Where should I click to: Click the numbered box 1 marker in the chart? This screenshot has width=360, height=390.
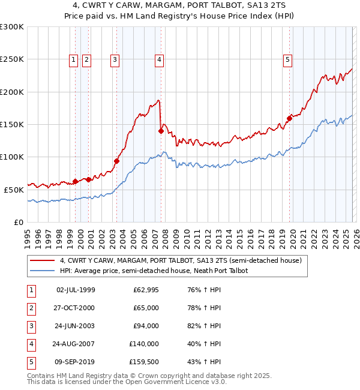[x=73, y=59]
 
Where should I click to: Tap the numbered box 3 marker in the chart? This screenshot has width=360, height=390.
[x=114, y=59]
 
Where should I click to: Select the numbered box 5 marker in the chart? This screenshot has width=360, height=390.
[x=288, y=59]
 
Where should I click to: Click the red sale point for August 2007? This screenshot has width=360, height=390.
[x=161, y=131]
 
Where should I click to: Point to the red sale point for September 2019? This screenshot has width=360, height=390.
[x=289, y=118]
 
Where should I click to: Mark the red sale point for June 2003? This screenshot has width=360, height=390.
[x=116, y=161]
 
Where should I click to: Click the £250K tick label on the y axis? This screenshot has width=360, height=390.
[x=11, y=59]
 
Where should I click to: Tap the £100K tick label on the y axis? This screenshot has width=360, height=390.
[x=11, y=157]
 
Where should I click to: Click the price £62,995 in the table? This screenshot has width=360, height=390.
[x=146, y=290]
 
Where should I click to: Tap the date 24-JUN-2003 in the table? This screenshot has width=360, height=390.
[x=76, y=326]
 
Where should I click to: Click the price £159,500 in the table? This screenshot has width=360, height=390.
[x=144, y=362]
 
